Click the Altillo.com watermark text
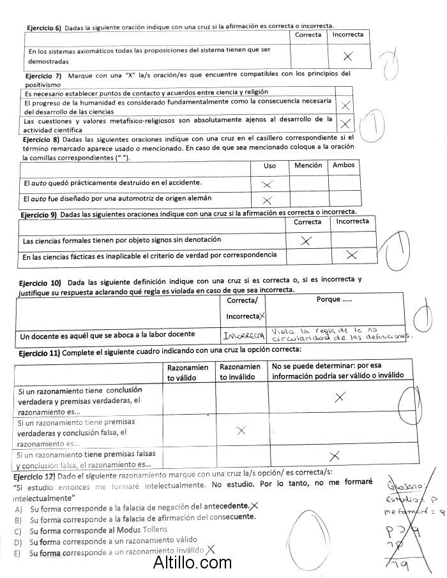click(192, 563)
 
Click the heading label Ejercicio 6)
click(43, 28)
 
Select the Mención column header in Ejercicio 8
click(308, 165)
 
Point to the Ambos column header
click(344, 165)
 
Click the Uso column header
click(270, 166)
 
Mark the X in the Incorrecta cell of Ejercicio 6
click(348, 56)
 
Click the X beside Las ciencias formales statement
click(306, 241)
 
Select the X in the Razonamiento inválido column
click(241, 431)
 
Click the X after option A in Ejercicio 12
click(254, 506)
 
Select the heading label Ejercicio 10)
click(40, 282)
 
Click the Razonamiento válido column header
click(188, 372)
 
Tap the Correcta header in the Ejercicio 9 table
click(308, 222)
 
